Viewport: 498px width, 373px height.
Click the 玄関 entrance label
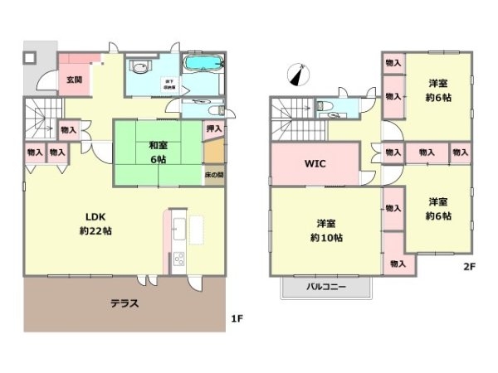(x=74, y=80)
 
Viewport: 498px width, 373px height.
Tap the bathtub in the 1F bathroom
(x=202, y=64)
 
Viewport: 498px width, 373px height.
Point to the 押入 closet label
(x=213, y=128)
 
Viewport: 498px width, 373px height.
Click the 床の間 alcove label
(x=213, y=175)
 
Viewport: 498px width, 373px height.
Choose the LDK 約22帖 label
(x=95, y=223)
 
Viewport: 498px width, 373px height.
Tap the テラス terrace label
(x=124, y=303)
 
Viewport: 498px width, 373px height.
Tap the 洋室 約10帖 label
(x=325, y=230)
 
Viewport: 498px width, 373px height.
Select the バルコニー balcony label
(x=326, y=287)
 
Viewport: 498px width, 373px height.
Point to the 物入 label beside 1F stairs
(x=68, y=128)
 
